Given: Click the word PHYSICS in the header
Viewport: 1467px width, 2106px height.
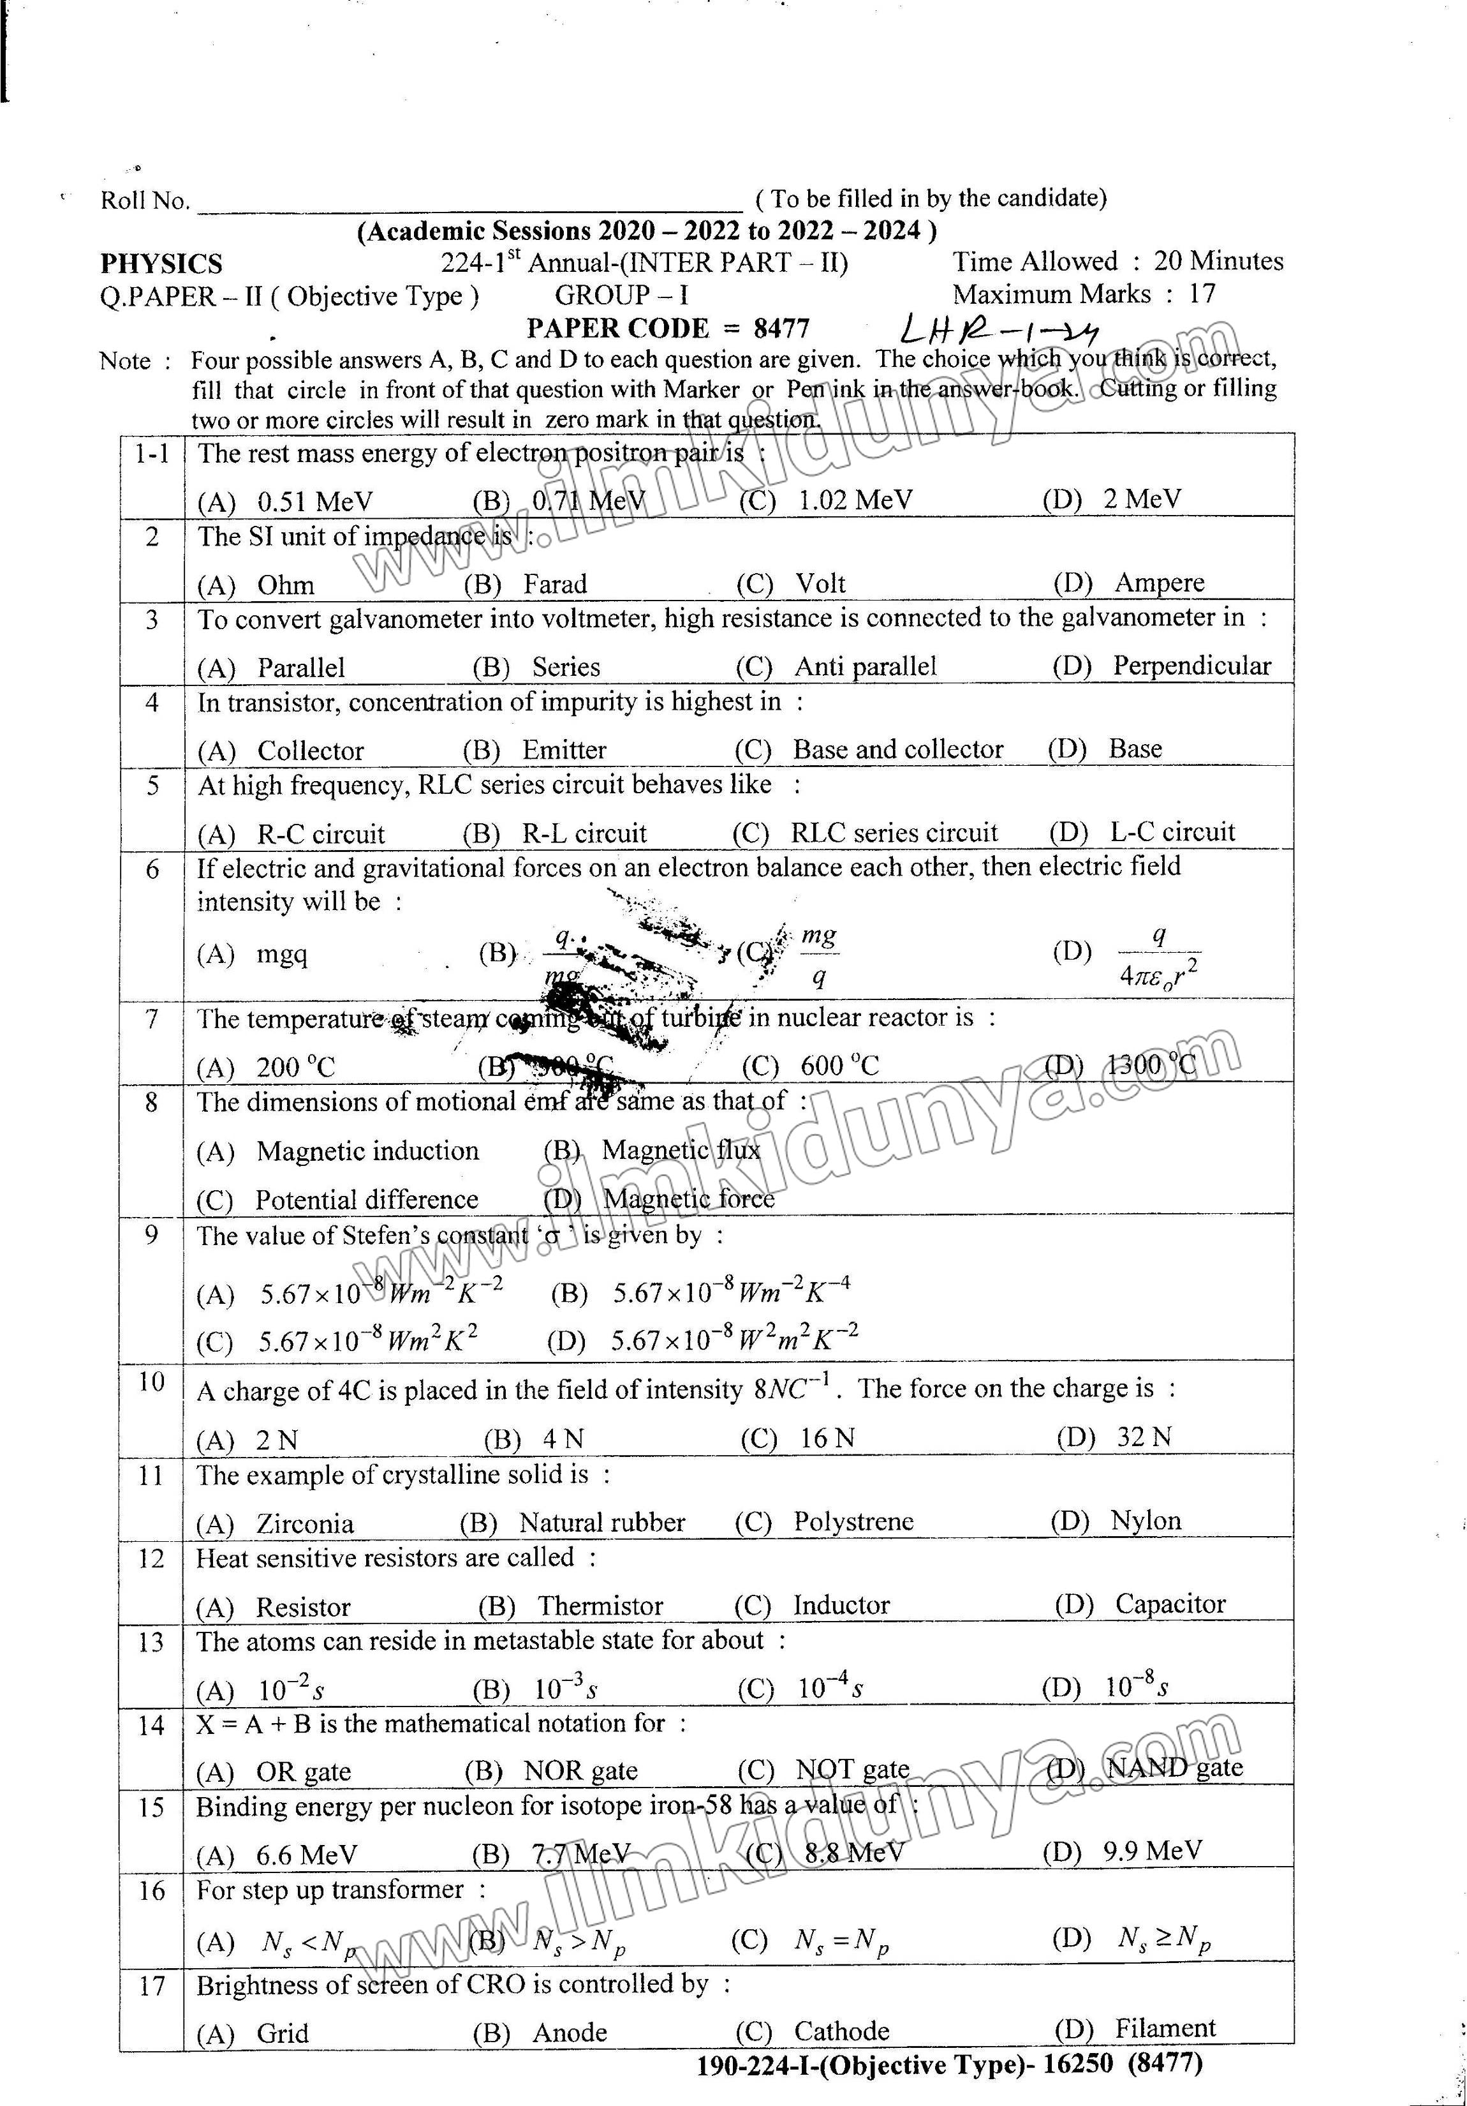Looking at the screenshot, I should pos(161,264).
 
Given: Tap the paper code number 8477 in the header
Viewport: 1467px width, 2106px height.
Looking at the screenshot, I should pos(781,329).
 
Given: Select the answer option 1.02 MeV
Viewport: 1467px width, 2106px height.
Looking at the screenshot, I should pos(855,500).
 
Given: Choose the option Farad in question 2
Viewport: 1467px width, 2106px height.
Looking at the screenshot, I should pos(555,585).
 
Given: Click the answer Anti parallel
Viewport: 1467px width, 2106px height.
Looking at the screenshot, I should pos(866,667).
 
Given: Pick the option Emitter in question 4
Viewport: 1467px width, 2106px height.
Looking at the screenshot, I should pos(564,751).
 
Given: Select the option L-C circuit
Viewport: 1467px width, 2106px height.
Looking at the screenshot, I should pos(1173,832).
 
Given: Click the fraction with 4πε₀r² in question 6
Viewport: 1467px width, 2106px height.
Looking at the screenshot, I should pos(1159,956).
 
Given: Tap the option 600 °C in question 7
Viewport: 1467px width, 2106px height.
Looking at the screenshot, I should pos(839,1066).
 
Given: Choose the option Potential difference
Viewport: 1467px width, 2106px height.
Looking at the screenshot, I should pos(367,1200).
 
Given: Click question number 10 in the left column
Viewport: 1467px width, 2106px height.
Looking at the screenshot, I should pos(151,1382).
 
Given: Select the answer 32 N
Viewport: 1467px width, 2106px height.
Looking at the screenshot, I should pos(1144,1437).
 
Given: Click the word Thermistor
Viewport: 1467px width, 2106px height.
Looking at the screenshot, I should pos(600,1606).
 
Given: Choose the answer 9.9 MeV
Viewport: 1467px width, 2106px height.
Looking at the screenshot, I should pos(1152,1851).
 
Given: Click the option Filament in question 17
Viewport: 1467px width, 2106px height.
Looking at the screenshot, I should pos(1165,2028).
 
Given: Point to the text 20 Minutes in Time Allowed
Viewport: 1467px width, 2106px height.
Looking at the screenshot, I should pos(1218,262).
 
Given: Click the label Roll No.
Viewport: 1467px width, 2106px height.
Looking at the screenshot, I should pos(145,201).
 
